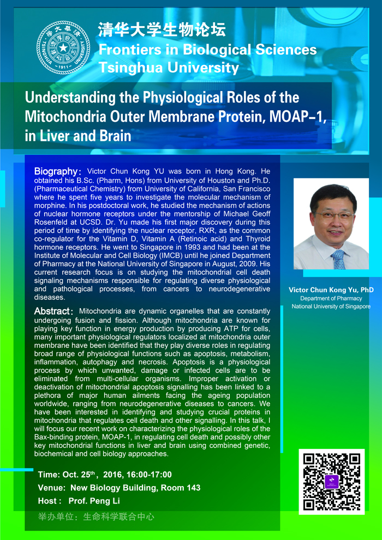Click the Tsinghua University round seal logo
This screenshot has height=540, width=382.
pyautogui.click(x=63, y=47)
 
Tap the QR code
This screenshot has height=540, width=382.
pyautogui.click(x=331, y=482)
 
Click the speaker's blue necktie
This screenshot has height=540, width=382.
pyautogui.click(x=338, y=259)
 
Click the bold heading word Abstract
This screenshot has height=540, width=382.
pyautogui.click(x=51, y=311)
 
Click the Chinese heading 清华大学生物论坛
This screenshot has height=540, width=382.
pyautogui.click(x=162, y=31)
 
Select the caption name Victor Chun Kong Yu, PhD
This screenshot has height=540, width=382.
pyautogui.click(x=331, y=290)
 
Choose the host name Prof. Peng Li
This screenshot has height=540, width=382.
pyautogui.click(x=94, y=501)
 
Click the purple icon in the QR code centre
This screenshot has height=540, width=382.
pyautogui.click(x=332, y=482)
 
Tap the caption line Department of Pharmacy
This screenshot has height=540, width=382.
pyautogui.click(x=331, y=298)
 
